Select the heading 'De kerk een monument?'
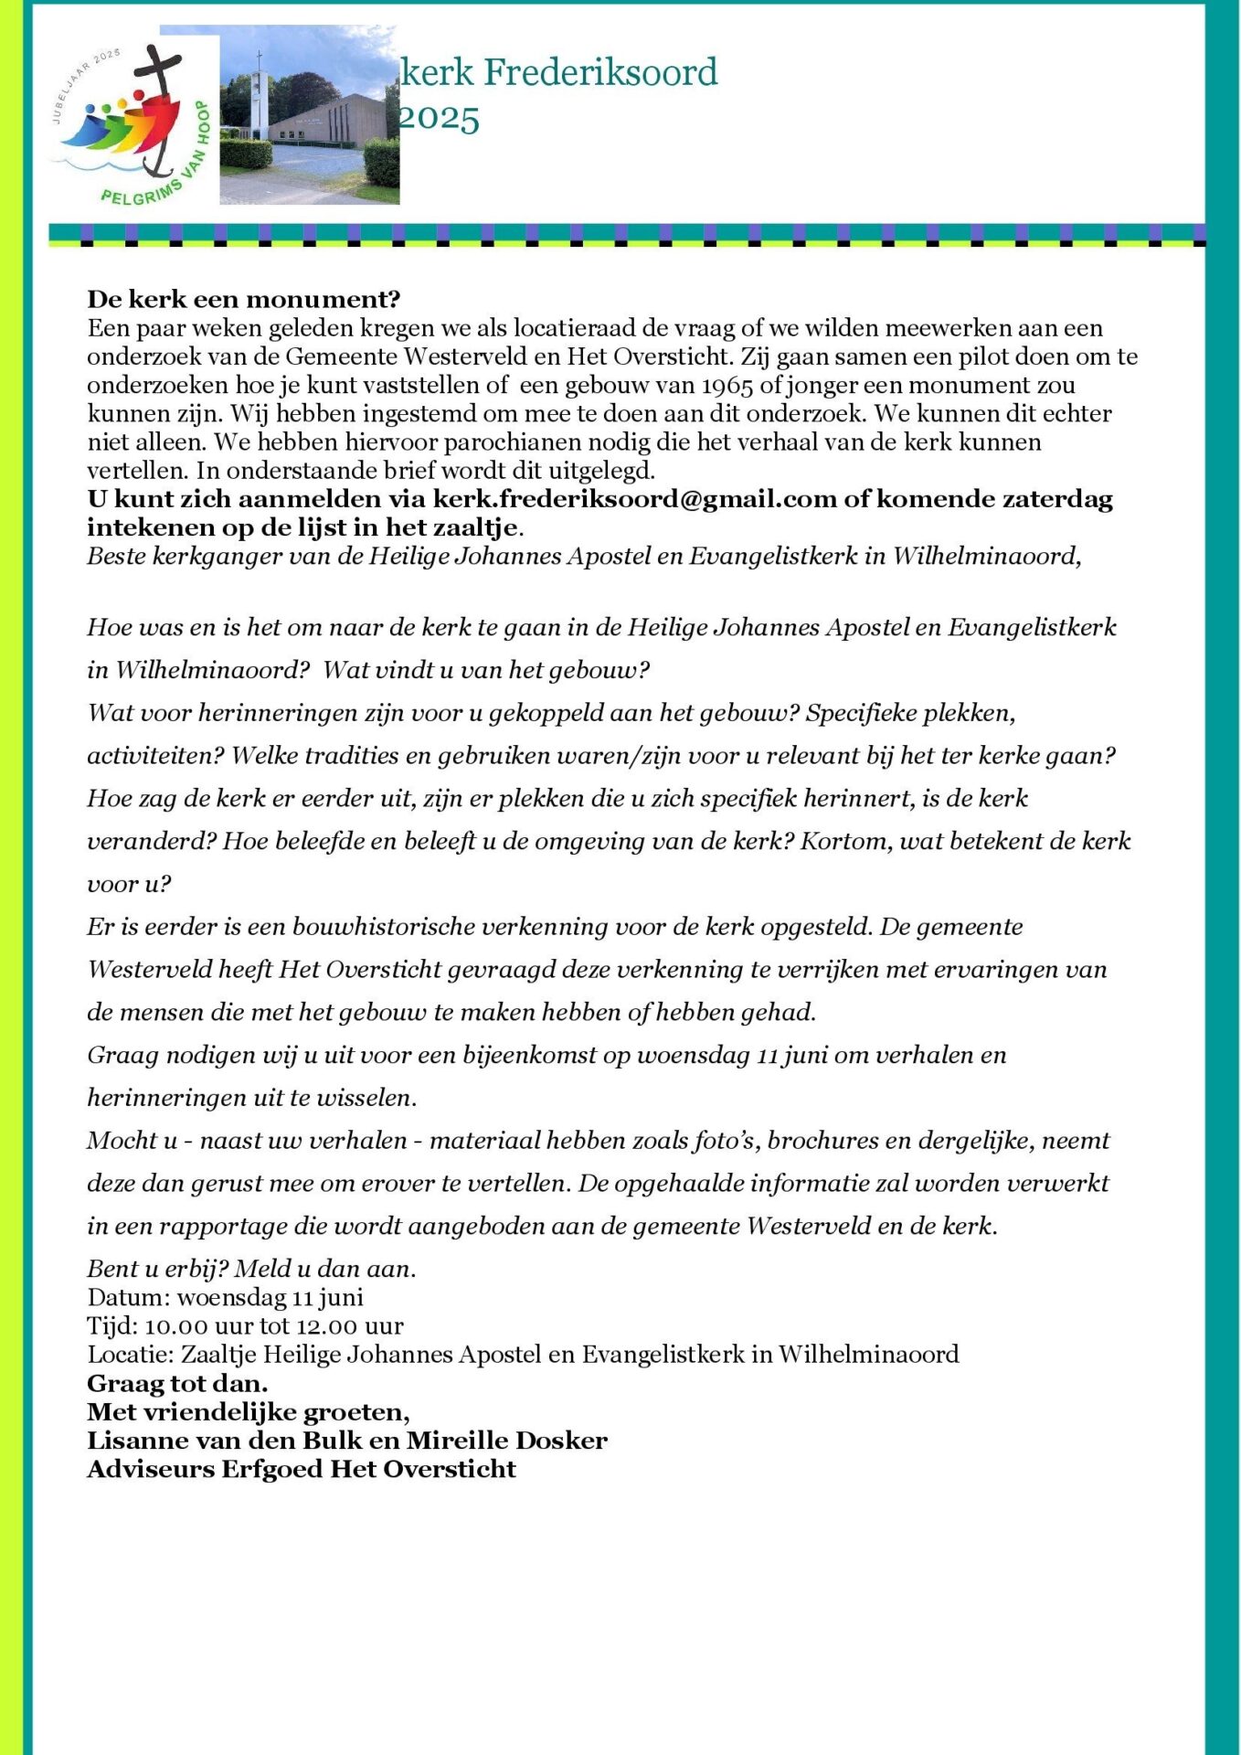pos(244,299)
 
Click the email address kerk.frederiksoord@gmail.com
pos(634,499)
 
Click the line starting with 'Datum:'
pos(225,1297)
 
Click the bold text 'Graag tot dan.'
pos(177,1383)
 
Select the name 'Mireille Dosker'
pos(506,1441)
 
